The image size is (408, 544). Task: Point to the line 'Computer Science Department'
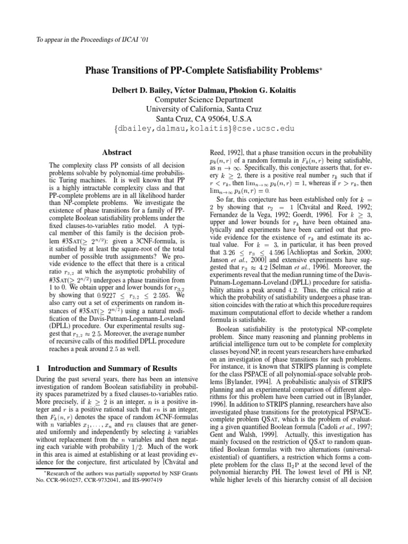point(204,100)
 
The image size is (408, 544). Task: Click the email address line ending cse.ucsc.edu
point(204,129)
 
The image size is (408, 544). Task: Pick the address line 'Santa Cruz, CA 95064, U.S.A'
point(204,119)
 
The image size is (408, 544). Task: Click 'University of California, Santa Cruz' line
point(204,109)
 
